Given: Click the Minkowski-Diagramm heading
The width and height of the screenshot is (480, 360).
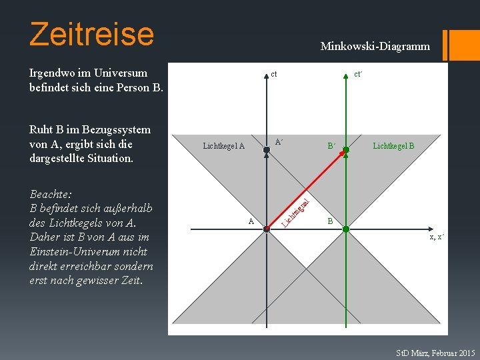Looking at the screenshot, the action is [375, 47].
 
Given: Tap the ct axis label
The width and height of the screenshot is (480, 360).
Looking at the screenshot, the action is [274, 74].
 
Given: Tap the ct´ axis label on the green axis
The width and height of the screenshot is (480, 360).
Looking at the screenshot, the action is [358, 74].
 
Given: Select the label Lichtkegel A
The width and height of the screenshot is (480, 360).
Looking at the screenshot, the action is [224, 146].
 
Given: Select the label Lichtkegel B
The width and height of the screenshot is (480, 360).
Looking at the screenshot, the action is [393, 145].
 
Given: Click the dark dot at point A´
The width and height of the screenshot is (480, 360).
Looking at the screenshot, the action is [266, 150].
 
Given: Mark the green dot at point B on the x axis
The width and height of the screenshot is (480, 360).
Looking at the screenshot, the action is [345, 229].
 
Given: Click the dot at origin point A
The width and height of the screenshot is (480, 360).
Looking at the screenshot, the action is [266, 229].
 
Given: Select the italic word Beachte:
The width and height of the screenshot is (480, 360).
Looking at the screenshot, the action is [51, 194].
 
